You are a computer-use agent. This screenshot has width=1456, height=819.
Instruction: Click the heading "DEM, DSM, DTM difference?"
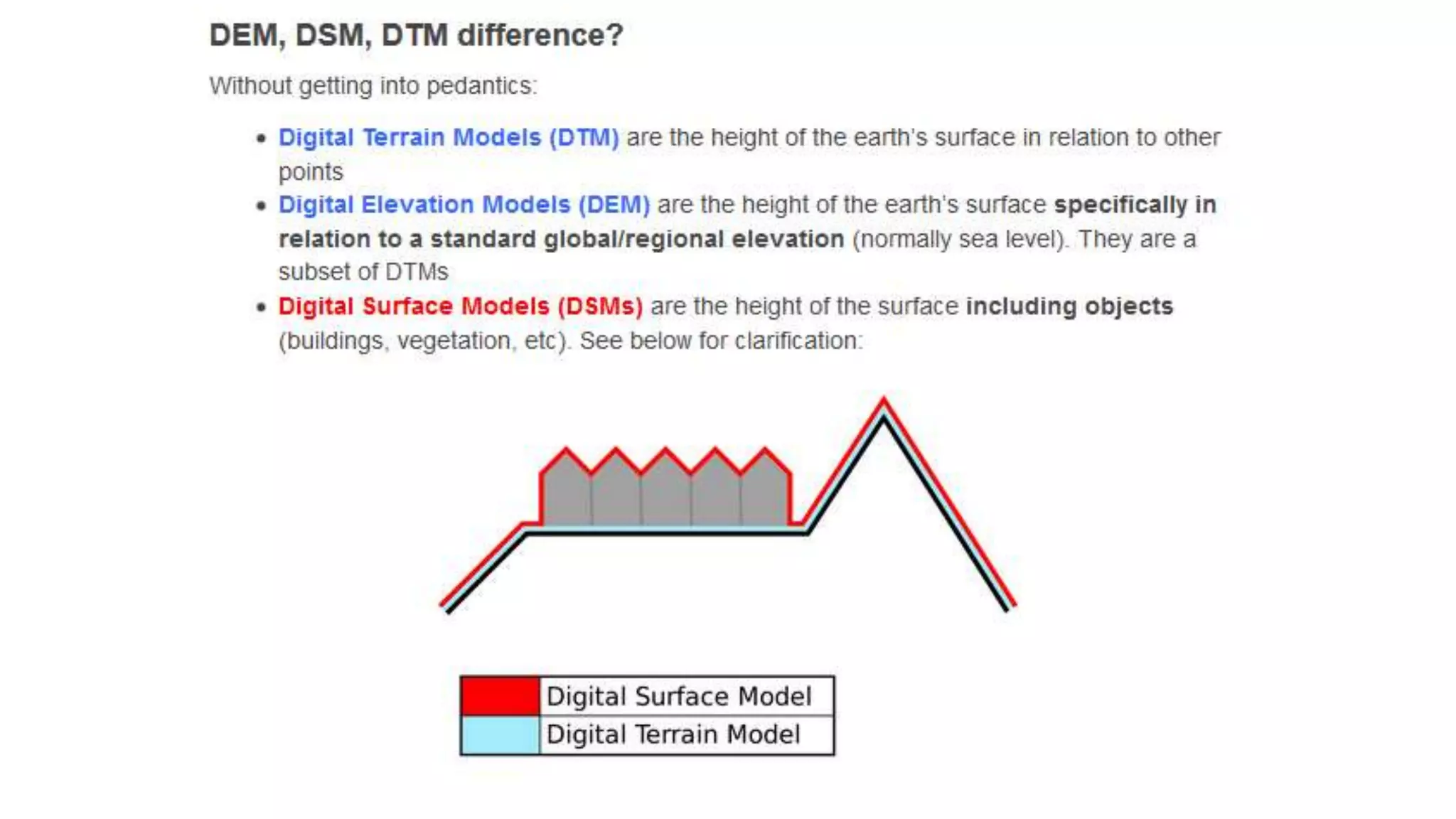point(416,35)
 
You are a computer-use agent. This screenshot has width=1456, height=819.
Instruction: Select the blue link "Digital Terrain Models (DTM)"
point(448,137)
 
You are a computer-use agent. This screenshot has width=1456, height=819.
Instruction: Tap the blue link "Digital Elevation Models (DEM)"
point(464,205)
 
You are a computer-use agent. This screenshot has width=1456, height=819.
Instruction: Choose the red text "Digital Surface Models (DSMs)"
point(460,306)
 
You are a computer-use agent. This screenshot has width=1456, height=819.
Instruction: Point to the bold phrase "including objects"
point(1069,306)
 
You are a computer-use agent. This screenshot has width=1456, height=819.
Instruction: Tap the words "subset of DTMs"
point(363,272)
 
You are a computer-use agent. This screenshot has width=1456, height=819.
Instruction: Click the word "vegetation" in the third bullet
point(454,341)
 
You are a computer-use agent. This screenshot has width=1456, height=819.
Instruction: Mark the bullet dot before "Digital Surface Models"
point(261,307)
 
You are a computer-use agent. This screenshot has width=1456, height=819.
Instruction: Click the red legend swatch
point(500,696)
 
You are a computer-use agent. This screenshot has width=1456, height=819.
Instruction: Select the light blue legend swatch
point(500,735)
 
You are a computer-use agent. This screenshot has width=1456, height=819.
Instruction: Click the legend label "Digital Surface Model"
point(678,696)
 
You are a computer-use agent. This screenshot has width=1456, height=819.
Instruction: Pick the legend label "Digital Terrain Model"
point(673,734)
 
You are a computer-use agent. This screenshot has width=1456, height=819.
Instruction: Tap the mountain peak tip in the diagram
point(884,403)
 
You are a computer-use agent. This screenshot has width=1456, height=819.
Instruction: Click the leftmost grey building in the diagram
point(566,494)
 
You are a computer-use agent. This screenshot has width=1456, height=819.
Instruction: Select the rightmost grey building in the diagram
point(765,494)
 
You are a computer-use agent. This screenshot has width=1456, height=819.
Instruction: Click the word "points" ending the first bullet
point(311,172)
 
